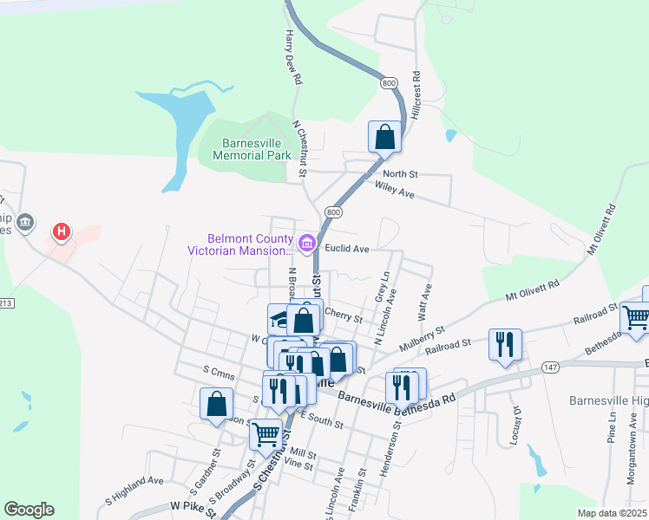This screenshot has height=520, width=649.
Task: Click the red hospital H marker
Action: point(62,231)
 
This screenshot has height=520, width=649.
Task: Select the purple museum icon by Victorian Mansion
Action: point(306,244)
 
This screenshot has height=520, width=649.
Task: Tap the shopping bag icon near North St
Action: point(384,137)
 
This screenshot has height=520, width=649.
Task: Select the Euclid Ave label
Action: point(347,249)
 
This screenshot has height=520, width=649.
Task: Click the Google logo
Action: point(29,510)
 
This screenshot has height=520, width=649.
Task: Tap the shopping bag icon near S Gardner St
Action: point(216,403)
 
